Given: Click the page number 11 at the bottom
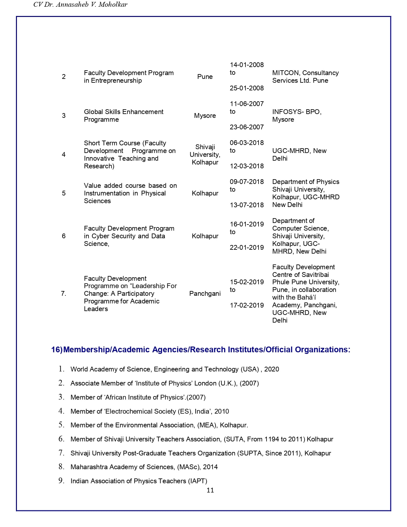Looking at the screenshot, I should pyautogui.click(x=210, y=490).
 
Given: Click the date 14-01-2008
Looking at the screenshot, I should pyautogui.click(x=247, y=65).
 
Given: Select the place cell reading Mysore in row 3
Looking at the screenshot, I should pyautogui.click(x=205, y=116).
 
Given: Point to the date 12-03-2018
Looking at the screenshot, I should pyautogui.click(x=247, y=166).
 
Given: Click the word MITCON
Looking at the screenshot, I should pyautogui.click(x=286, y=73).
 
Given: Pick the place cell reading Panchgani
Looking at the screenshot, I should pyautogui.click(x=205, y=294).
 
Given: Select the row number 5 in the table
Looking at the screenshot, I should pyautogui.click(x=64, y=193).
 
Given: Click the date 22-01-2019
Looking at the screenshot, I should pyautogui.click(x=247, y=248).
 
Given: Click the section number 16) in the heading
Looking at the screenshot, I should pyautogui.click(x=57, y=350).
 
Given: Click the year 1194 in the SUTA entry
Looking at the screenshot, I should pyautogui.click(x=272, y=439).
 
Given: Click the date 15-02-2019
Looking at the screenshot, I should pyautogui.click(x=247, y=282).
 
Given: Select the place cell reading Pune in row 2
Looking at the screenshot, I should pyautogui.click(x=205, y=77).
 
